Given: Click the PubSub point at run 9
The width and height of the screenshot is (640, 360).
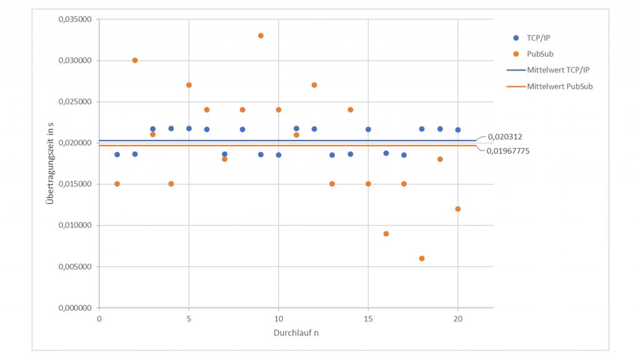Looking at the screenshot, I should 261,36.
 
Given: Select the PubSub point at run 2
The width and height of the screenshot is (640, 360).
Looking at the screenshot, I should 135,61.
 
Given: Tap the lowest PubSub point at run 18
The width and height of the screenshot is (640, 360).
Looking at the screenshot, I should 422,258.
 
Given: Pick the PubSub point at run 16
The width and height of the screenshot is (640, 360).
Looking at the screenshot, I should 386,234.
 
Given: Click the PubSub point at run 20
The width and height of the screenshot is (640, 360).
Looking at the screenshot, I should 458,209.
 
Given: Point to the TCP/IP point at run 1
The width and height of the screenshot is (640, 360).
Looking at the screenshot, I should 117,154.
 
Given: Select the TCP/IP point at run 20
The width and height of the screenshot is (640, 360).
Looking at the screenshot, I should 458,130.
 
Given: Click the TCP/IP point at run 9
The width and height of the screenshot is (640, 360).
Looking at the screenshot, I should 261,154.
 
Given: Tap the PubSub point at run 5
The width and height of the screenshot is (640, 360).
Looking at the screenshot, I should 189,85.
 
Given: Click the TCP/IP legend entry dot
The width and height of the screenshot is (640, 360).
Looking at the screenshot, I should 516,37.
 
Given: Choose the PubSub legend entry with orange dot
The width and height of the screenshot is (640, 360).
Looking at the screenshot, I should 516,54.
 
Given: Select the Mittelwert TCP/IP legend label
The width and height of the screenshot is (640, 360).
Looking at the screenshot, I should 558,70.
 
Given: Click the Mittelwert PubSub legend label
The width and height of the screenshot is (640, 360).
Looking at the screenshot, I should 560,86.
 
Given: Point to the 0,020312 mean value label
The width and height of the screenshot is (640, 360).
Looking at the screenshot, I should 505,136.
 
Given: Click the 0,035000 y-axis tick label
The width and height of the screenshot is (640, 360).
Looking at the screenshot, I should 75,19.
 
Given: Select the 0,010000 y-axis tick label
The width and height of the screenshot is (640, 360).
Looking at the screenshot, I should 75,226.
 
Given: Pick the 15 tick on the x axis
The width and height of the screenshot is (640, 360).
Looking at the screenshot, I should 368,319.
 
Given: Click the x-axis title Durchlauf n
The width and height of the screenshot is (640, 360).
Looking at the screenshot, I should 296,332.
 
